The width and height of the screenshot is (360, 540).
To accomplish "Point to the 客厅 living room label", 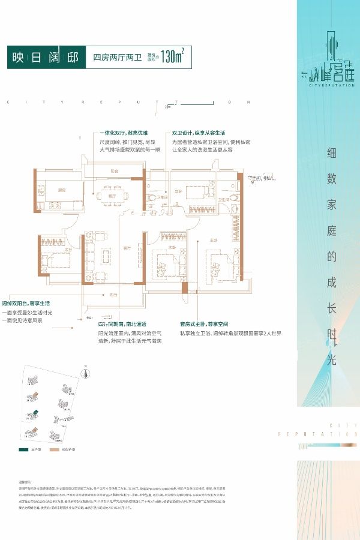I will point(127,247).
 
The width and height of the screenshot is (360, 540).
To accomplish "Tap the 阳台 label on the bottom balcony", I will point(113,294).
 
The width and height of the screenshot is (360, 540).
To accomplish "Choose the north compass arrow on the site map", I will point(86,372).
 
